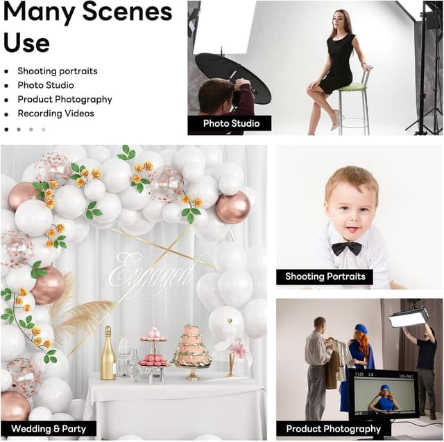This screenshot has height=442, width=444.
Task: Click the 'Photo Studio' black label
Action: point(230,123)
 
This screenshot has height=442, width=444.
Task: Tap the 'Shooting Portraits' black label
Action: point(325,276)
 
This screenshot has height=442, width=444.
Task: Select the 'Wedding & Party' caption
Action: point(49,429)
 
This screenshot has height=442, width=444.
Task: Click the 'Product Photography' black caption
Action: point(333,429)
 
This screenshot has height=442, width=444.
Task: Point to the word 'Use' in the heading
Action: point(26,43)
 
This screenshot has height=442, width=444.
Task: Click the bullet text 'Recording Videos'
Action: point(55,114)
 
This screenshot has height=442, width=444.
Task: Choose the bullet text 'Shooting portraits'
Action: point(58,71)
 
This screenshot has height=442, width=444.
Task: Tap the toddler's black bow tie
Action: point(347,248)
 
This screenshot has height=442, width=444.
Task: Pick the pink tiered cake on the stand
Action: point(191,348)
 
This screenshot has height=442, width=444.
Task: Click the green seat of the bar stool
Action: point(352,87)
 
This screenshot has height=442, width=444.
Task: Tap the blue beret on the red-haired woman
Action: point(361,329)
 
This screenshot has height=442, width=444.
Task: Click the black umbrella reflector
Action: point(233,75)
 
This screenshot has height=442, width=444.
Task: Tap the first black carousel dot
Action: point(6,130)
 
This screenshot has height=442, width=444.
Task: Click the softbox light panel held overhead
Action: point(409,317)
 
